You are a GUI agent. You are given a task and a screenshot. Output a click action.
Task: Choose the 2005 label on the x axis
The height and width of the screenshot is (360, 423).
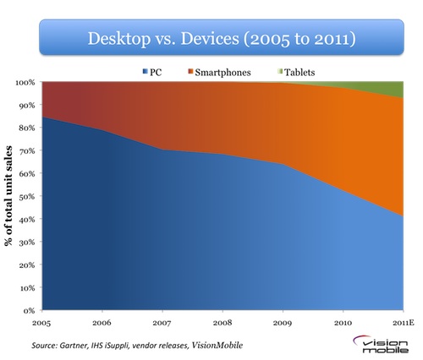[41, 323]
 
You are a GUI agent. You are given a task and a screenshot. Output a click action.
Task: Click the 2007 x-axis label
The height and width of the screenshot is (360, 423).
[162, 323]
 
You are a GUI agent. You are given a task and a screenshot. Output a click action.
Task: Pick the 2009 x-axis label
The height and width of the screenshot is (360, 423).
[281, 323]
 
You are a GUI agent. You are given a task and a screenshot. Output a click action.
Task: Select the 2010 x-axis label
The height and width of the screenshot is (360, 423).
[341, 323]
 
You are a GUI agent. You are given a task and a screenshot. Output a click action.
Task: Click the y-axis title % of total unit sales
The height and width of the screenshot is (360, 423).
[9, 196]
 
